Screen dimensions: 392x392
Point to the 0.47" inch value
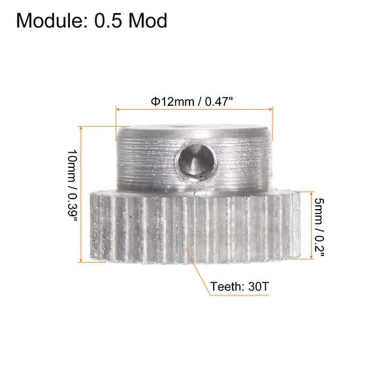click(219, 101)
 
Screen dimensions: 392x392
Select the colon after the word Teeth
click(240, 286)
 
